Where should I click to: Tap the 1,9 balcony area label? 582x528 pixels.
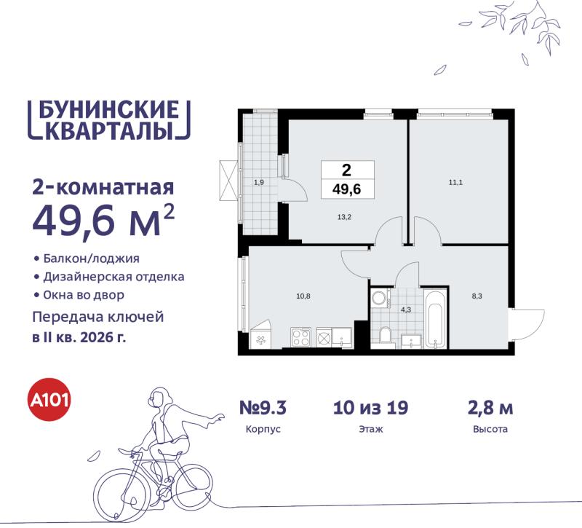coord(258,183)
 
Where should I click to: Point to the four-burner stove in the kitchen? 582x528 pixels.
coord(301,336)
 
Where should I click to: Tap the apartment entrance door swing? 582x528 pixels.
coord(527,320)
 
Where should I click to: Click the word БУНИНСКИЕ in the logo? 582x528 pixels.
coord(107,109)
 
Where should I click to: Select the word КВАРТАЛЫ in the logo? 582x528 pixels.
coord(107,130)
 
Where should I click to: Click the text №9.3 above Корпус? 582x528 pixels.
coord(263,407)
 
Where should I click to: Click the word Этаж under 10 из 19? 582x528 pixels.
coord(370,430)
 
